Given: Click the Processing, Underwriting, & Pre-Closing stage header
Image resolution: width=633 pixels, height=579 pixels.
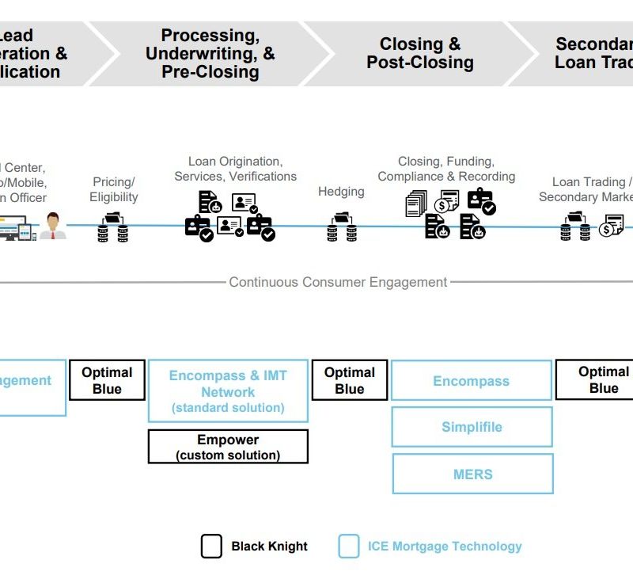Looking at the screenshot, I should [210, 53].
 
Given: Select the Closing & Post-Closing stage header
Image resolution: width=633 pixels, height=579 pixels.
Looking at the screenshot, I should [420, 53].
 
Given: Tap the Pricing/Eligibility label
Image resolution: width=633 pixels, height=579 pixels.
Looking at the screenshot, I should [114, 189].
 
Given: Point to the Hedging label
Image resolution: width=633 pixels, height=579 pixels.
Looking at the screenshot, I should [341, 191].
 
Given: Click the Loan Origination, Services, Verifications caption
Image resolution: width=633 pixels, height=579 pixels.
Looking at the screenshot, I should [235, 169].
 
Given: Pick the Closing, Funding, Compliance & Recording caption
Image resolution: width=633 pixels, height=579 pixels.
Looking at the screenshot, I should [446, 169].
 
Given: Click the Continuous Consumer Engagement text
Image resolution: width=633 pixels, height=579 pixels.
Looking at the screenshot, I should [338, 282].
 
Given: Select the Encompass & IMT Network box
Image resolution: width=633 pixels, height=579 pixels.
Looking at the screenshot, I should [228, 391].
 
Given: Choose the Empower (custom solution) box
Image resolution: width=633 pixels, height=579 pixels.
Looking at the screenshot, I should [228, 447].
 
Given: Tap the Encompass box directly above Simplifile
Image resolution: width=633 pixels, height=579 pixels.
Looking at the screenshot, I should [472, 381].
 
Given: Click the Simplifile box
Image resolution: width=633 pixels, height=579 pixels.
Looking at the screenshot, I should [472, 427].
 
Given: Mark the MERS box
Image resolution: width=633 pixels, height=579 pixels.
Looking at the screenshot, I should [472, 474].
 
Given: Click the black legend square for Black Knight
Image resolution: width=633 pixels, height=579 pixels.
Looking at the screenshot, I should [211, 547].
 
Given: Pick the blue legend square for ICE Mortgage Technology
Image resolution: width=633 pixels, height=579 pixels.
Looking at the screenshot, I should [349, 547].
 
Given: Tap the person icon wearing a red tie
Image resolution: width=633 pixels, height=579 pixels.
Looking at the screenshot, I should [54, 225].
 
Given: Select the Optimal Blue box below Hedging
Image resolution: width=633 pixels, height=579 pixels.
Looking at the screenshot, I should [350, 380].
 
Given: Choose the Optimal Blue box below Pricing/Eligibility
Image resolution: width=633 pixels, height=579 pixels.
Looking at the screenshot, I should [107, 380].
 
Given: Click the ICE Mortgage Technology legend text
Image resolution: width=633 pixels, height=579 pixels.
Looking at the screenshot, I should [445, 547].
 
